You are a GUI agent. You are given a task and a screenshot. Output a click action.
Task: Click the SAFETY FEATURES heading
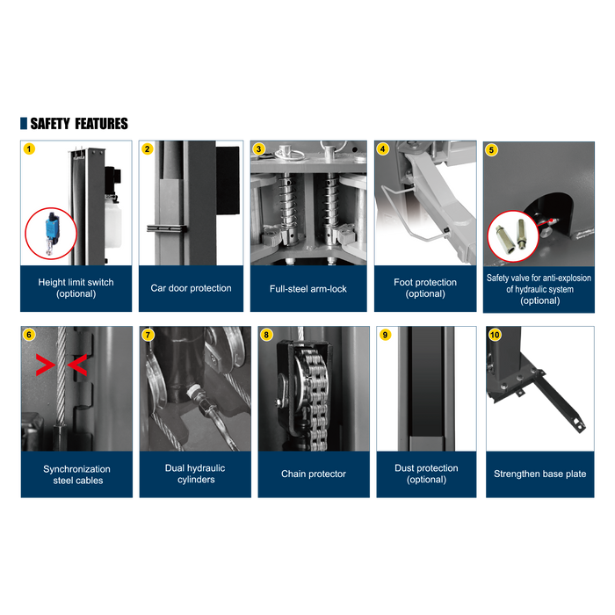(79, 124)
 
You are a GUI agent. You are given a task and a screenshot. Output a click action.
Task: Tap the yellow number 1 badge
(29, 149)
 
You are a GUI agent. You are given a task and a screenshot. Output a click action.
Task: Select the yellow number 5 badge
(491, 150)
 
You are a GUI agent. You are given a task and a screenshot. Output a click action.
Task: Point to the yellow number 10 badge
(495, 335)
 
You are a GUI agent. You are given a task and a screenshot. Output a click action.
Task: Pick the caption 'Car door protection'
(191, 288)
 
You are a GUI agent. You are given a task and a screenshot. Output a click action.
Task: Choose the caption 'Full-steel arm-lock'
(308, 289)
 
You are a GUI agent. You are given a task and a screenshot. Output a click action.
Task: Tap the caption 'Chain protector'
(314, 474)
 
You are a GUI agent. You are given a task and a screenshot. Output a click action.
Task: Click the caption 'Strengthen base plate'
(540, 474)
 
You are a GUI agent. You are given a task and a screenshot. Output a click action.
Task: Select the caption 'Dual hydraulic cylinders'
(195, 474)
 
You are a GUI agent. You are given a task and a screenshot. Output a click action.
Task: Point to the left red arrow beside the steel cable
(45, 365)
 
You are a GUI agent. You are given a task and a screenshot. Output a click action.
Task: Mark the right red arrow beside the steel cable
(77, 365)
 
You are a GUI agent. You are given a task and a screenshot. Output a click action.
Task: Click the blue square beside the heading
(24, 123)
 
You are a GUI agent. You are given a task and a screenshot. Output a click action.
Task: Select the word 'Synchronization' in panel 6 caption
(77, 469)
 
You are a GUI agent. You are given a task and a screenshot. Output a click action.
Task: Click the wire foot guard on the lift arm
(412, 213)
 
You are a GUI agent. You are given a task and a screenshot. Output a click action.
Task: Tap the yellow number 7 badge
(148, 335)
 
